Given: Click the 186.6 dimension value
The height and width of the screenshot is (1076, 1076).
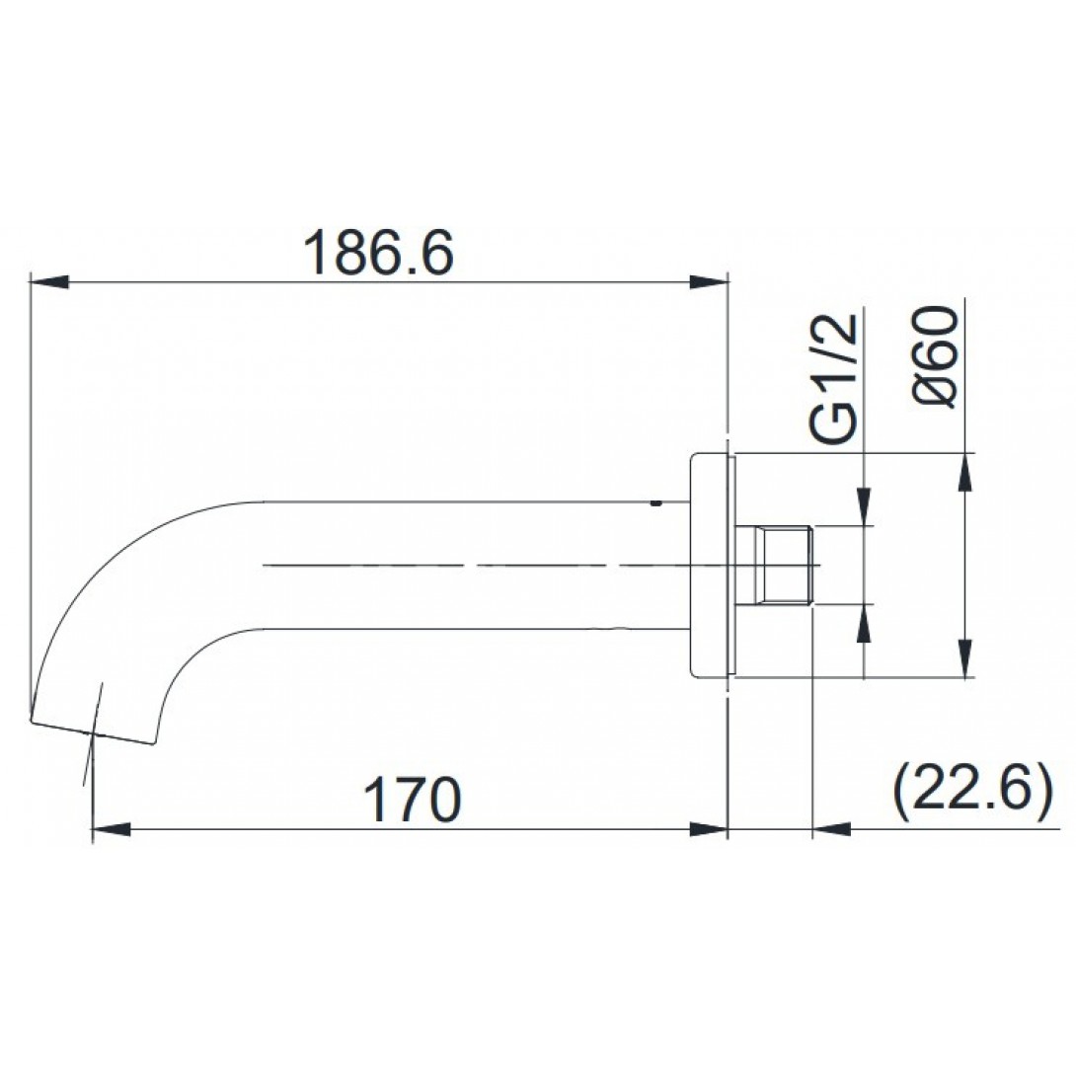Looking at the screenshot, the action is pos(378,253).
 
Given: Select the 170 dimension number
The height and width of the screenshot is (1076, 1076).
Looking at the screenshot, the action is pos(412,800).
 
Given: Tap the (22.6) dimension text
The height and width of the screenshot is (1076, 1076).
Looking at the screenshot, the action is pos(972,789).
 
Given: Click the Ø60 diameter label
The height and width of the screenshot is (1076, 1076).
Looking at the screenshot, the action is pos(936,356).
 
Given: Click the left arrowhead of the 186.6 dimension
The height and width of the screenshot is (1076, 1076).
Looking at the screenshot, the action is pos(50,282).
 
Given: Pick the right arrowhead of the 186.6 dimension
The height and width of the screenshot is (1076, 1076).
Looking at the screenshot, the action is pos(708,282).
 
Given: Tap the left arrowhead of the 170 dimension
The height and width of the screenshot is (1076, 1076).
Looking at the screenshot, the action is pos(111,829).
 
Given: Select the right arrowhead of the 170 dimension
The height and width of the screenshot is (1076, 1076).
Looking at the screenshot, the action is pos(708,829).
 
